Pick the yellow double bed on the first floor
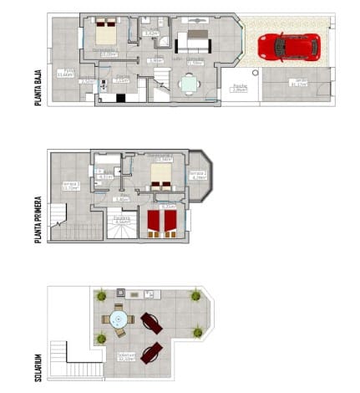coord(160,176)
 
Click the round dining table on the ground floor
coord(189,83)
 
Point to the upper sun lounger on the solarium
coord(151,322)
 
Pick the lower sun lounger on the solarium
coord(151,353)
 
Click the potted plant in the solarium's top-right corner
coord(196,295)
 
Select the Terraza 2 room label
coord(197,176)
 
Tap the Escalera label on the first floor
coord(122,221)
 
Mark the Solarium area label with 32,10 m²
coord(125,356)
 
